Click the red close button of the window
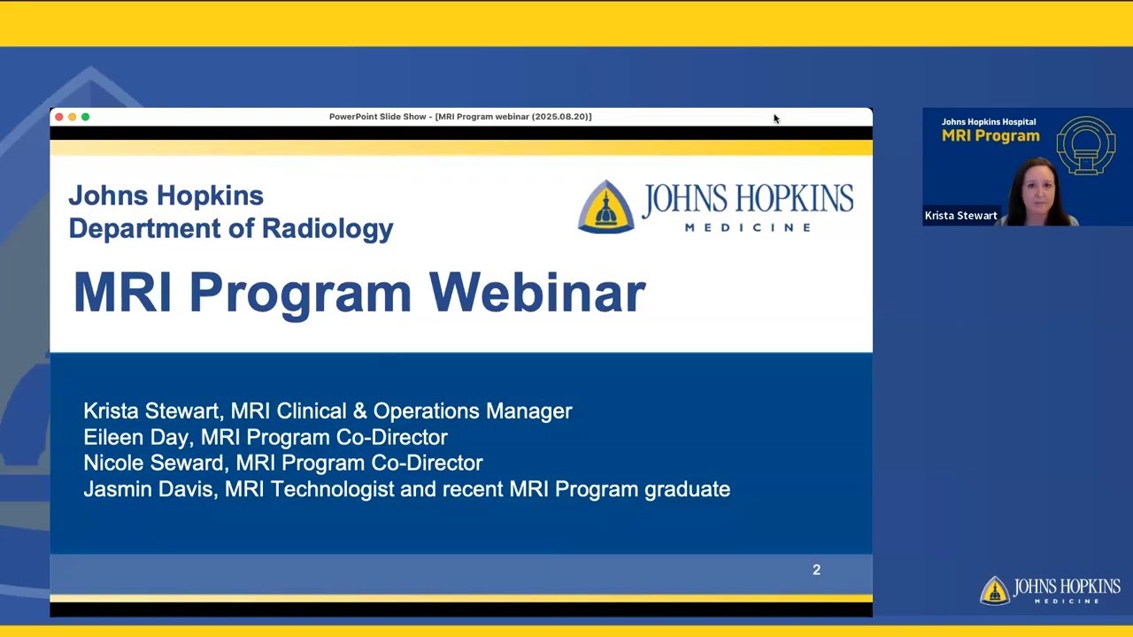pyautogui.click(x=59, y=117)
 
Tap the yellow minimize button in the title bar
pyautogui.click(x=73, y=117)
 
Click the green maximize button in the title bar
pyautogui.click(x=85, y=117)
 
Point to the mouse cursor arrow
pyautogui.click(x=775, y=119)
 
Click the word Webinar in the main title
pyautogui.click(x=537, y=292)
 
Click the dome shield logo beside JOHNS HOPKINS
pyautogui.click(x=606, y=206)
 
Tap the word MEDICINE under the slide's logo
pyautogui.click(x=748, y=227)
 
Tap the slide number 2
pyautogui.click(x=816, y=570)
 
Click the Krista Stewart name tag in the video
pyautogui.click(x=960, y=216)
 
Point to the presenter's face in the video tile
pyautogui.click(x=1038, y=188)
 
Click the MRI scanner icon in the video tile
pyautogui.click(x=1085, y=144)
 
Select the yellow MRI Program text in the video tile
pyautogui.click(x=990, y=136)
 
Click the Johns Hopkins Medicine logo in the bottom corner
pyautogui.click(x=1051, y=590)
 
